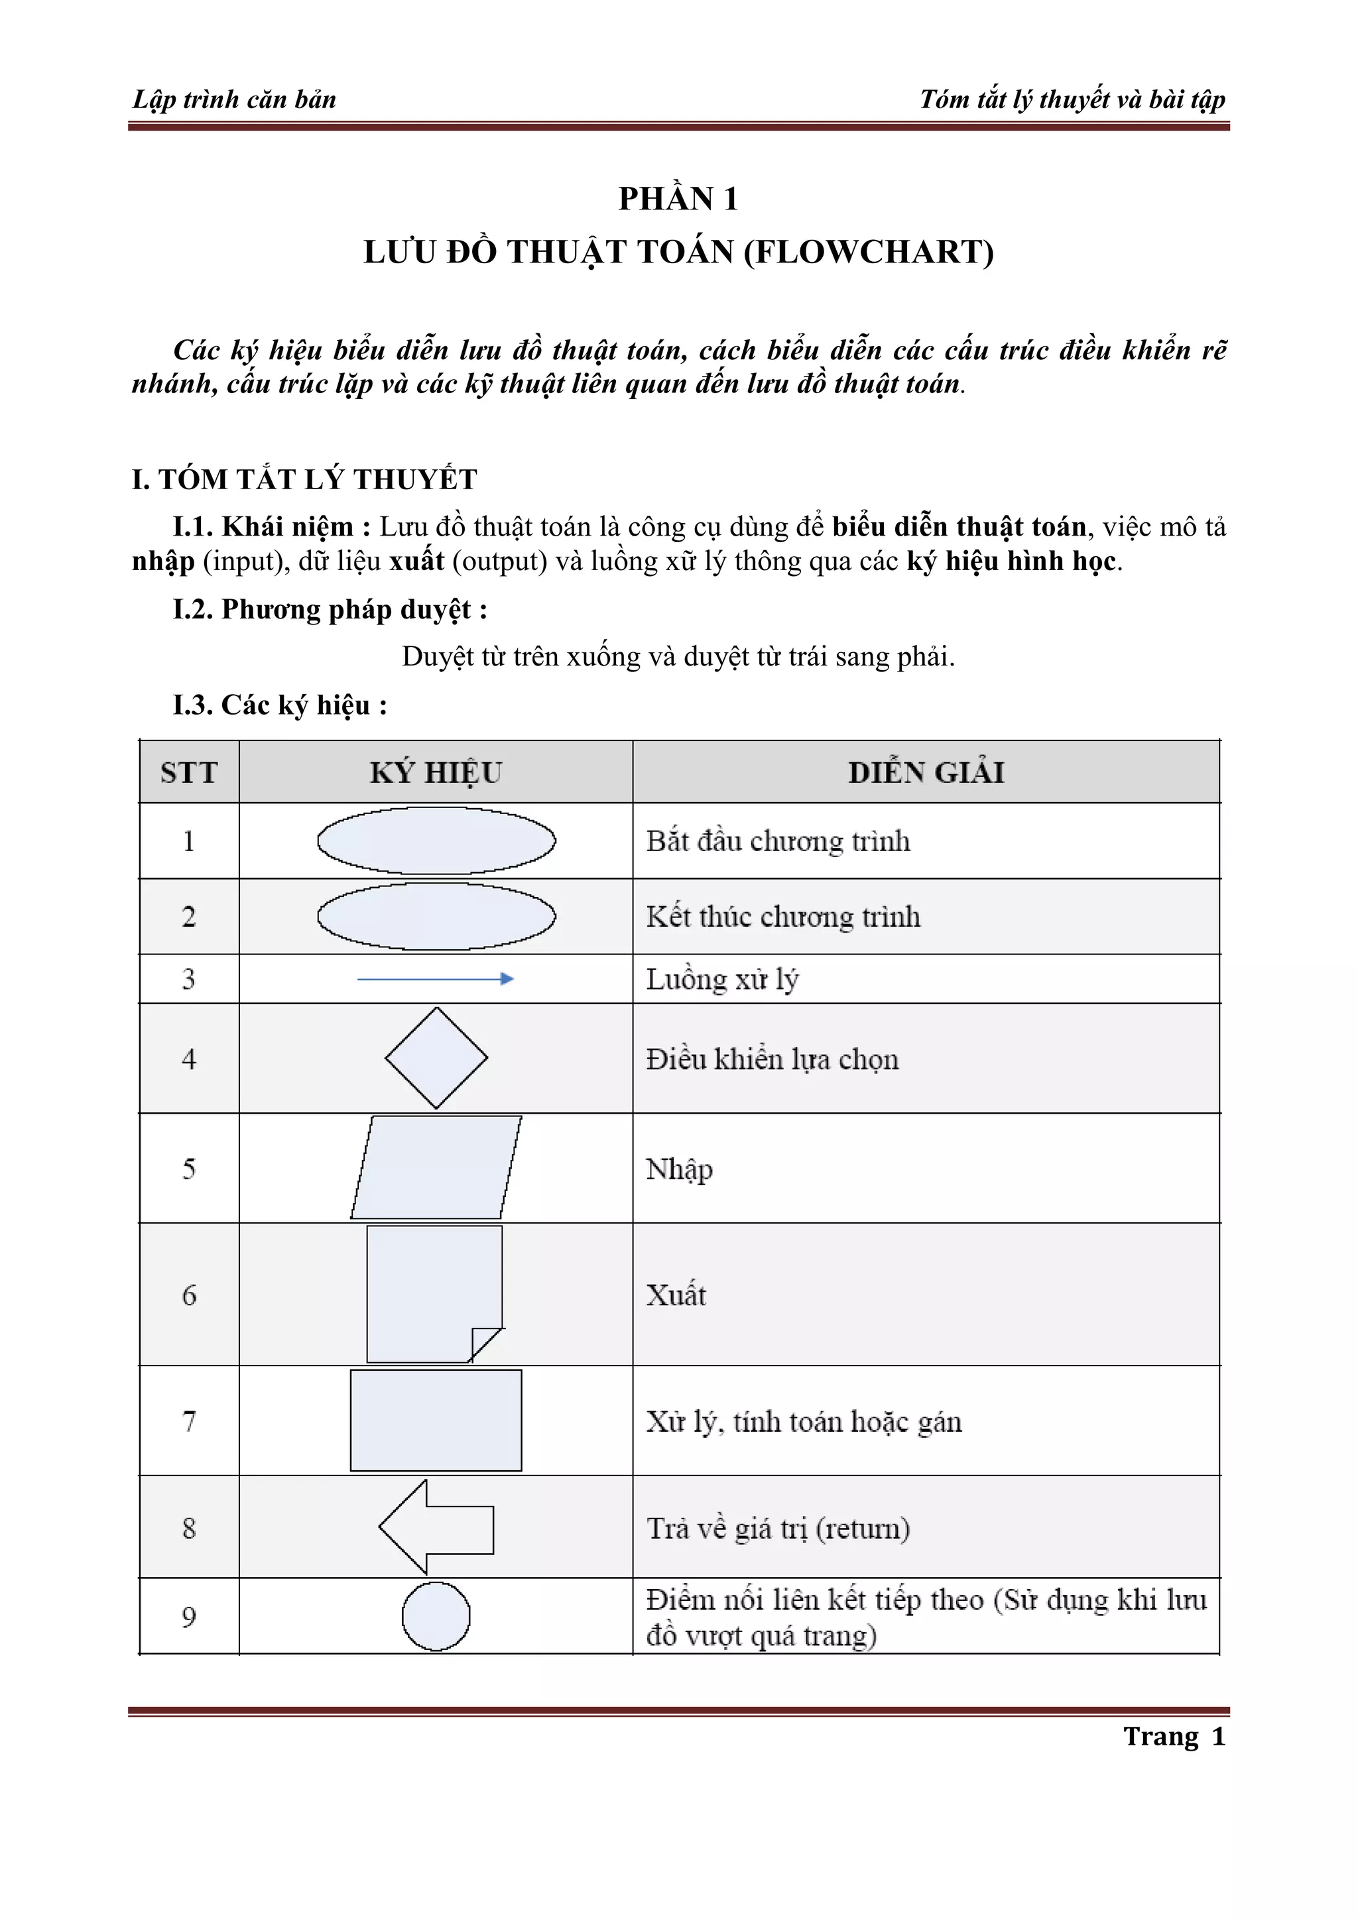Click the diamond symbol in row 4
click(436, 1058)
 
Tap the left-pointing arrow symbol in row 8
click(436, 1528)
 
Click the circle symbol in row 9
click(436, 1617)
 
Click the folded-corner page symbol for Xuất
click(434, 1293)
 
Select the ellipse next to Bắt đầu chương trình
click(436, 840)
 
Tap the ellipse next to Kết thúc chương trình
click(436, 916)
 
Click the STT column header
click(189, 772)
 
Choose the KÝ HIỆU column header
click(436, 772)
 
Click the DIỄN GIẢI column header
click(926, 772)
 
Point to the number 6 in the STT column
click(189, 1295)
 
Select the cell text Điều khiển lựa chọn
click(772, 1060)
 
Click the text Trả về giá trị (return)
click(778, 1529)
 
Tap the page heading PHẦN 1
click(678, 199)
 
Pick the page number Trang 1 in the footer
click(1174, 1737)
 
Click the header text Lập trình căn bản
click(234, 99)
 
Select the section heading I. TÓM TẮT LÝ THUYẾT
click(304, 480)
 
